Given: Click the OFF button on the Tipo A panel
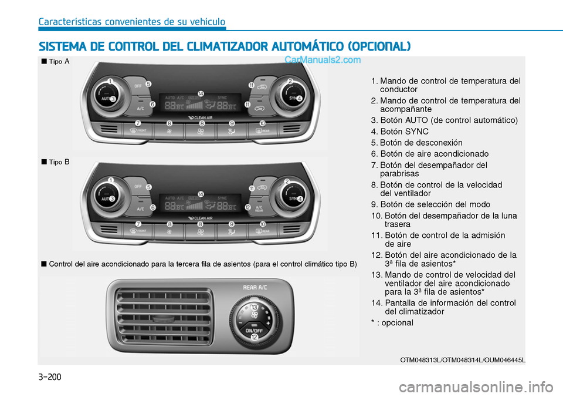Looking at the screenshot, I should click(x=138, y=86).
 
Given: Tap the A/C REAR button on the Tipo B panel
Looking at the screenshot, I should click(x=259, y=208).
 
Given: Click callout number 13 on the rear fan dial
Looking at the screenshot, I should click(x=255, y=307).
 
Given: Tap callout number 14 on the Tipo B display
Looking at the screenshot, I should click(x=201, y=194).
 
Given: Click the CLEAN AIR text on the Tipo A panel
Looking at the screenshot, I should click(x=203, y=117).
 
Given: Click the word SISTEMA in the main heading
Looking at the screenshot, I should click(x=62, y=46).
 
